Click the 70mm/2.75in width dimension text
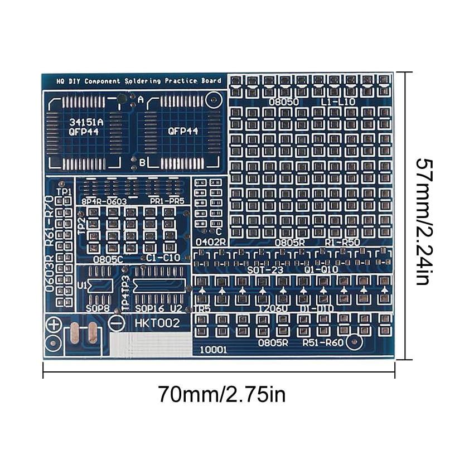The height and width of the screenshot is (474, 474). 221,394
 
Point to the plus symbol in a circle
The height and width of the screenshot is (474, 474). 54,324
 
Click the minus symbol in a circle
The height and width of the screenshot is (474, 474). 117,323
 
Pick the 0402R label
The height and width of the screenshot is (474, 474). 210,242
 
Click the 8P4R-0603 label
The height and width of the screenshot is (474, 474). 104,201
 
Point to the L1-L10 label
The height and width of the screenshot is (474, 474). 338,102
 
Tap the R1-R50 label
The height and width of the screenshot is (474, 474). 343,242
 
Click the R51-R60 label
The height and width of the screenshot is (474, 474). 323,342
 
